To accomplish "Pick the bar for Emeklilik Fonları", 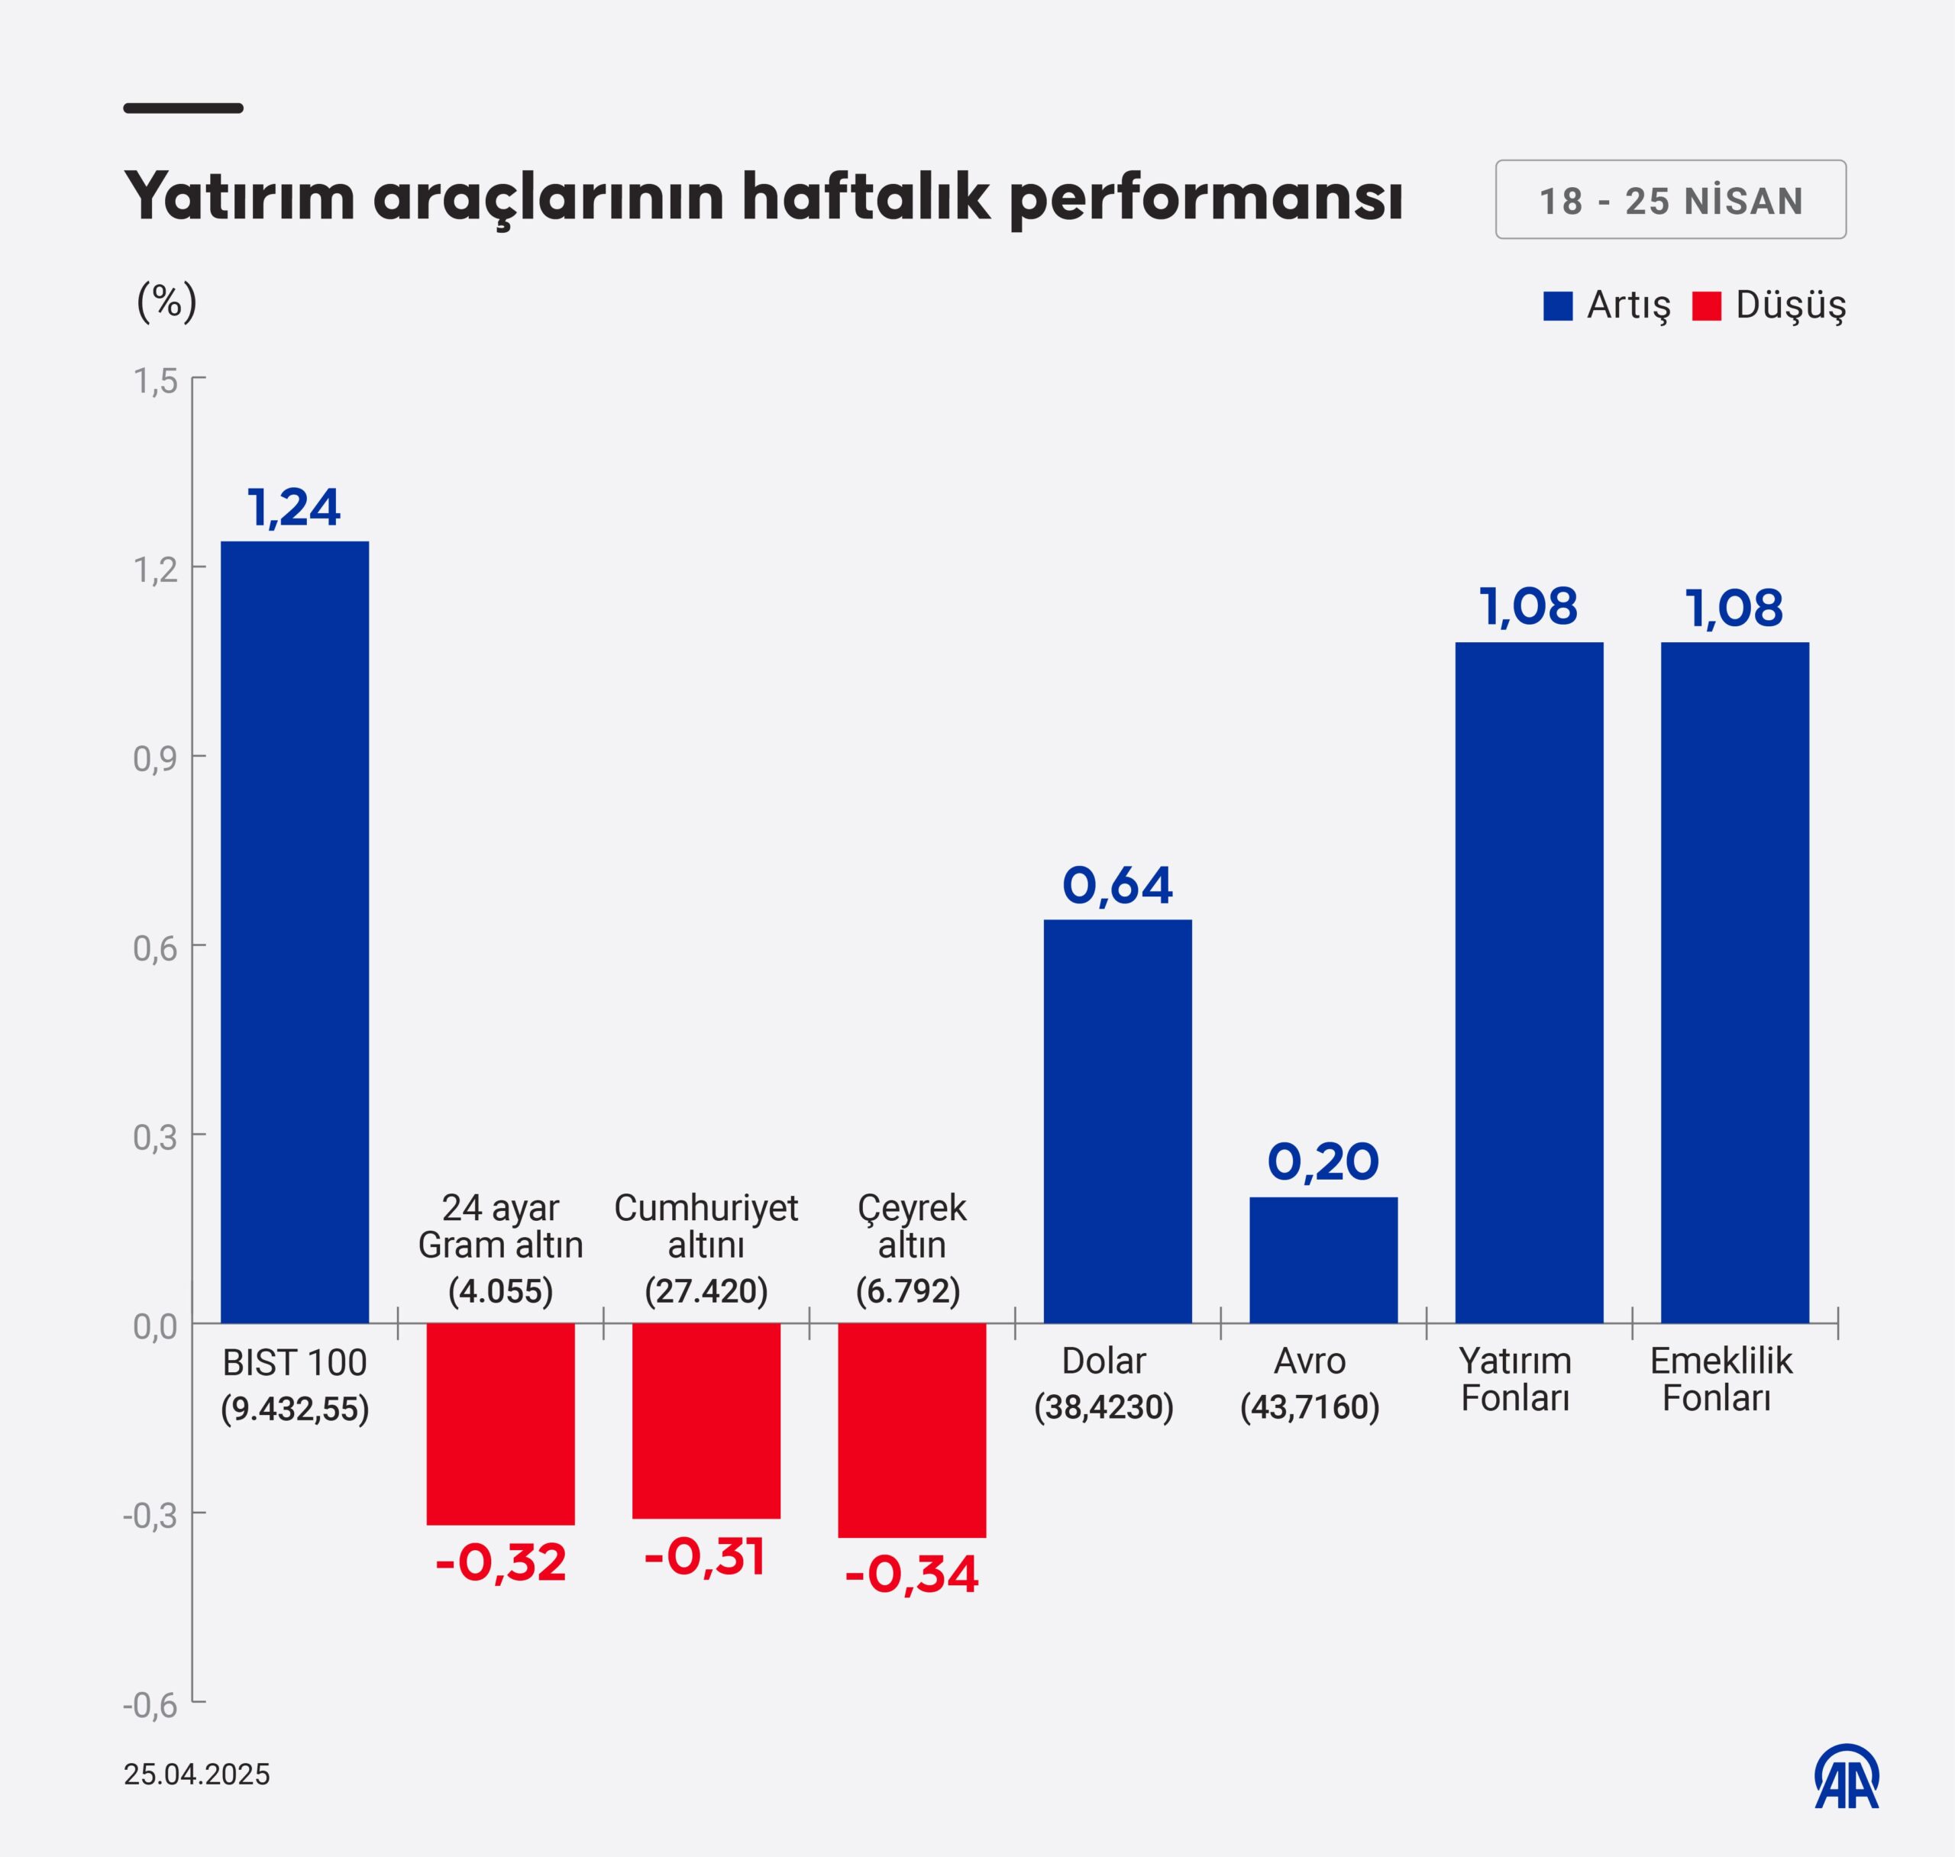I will (x=1734, y=982).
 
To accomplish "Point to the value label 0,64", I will (x=1116, y=886).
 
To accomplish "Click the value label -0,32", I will (x=500, y=1563).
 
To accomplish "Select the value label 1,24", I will (x=294, y=508).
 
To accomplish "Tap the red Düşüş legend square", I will (x=1707, y=306).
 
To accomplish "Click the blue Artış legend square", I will (x=1557, y=306).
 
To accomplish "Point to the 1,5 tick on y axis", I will (x=156, y=381).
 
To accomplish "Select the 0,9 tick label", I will (x=156, y=759).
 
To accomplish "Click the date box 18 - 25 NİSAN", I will (x=1670, y=200).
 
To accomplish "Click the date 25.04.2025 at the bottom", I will (x=196, y=1774).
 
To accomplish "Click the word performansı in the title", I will (x=1206, y=197).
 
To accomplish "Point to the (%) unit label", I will (x=166, y=301).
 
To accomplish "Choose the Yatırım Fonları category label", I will (x=1514, y=1379).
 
